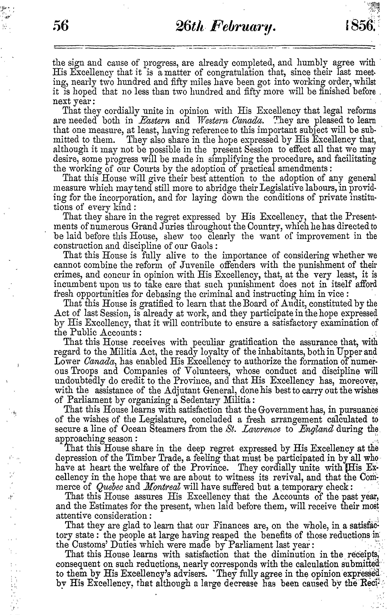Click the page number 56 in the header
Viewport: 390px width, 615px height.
(x=61, y=27)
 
